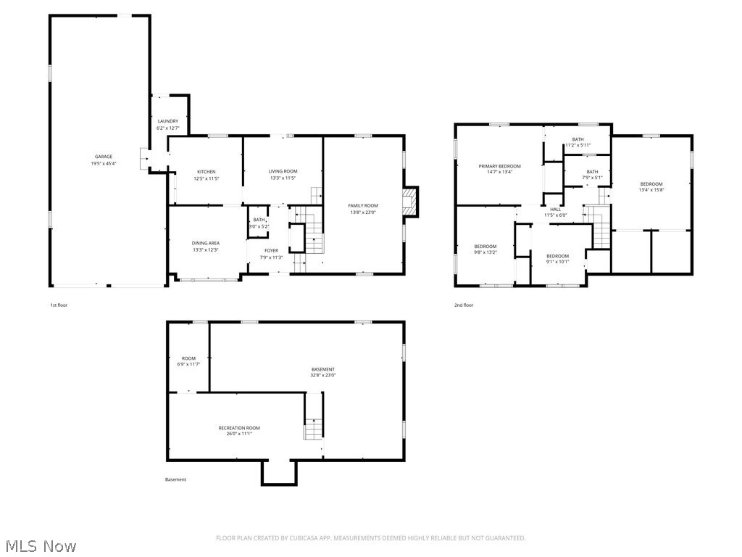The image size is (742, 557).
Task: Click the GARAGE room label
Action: pos(104,157)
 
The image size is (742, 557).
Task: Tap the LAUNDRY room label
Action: pos(168,121)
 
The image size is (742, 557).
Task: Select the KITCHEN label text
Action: pos(206,172)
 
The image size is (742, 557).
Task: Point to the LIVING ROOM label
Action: pos(283,171)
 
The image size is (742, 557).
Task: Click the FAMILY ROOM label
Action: pos(363,205)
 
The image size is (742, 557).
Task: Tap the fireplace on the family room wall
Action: pos(411,202)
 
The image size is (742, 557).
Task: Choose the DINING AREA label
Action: pos(206,243)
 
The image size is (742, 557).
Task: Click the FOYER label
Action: pos(271,250)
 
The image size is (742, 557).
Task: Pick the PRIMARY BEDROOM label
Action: pos(499,166)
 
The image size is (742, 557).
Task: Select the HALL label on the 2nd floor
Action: pos(556,209)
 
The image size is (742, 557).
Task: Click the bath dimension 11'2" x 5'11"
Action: pos(578,145)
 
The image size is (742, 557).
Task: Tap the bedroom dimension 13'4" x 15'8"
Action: pos(651,191)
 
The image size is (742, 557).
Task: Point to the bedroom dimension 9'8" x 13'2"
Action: pos(485,252)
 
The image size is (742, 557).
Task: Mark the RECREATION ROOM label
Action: pos(239,428)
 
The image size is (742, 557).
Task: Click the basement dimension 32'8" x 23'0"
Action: pos(323,375)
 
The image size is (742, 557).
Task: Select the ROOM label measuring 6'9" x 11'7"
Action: pos(188,358)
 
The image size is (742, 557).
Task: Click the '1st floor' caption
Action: pos(58,305)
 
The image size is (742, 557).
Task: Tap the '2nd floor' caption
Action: pos(464,305)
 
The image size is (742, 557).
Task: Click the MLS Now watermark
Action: pos(40,545)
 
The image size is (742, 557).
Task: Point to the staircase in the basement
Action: pos(312,429)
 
